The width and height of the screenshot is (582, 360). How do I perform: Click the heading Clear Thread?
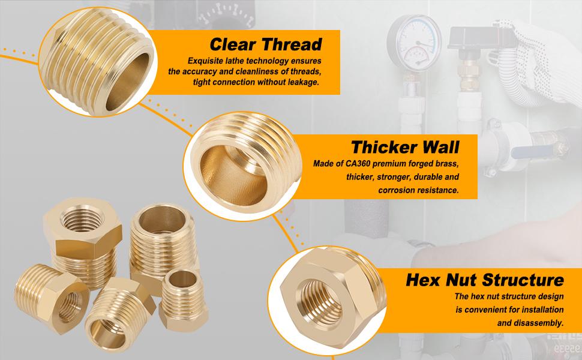point(265,44)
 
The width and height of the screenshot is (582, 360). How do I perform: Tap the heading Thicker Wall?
point(405,147)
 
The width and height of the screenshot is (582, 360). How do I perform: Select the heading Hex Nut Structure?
point(484,280)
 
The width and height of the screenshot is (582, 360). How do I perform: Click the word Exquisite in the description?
point(205,61)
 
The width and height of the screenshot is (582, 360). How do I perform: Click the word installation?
point(538,310)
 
